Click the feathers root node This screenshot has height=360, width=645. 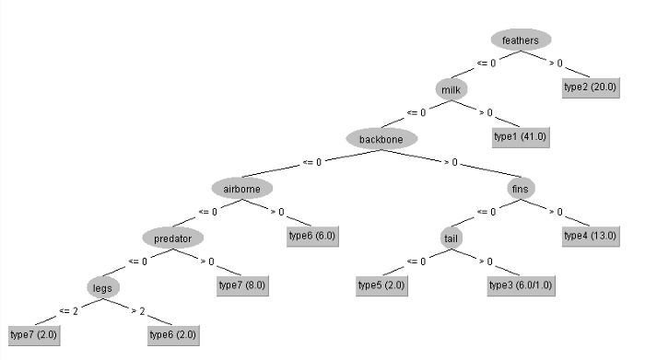[521, 40]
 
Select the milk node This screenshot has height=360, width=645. [451, 89]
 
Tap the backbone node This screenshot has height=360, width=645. [381, 139]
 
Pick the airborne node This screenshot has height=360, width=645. [242, 189]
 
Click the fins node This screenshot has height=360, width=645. [521, 189]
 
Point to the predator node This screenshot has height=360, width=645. [172, 238]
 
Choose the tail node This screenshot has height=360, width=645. [451, 238]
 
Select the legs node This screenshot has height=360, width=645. [102, 288]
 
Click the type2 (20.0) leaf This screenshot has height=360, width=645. [591, 87]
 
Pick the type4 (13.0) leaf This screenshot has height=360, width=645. [591, 236]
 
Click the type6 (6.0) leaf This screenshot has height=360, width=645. [311, 236]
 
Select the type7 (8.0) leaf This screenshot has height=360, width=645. [242, 285]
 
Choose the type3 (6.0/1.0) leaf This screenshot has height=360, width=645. [521, 285]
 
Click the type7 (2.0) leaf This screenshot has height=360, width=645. [33, 335]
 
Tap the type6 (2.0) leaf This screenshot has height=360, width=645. [172, 335]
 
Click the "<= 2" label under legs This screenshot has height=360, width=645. [69, 311]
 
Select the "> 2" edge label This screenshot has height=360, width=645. [138, 311]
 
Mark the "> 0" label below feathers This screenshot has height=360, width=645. [557, 64]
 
